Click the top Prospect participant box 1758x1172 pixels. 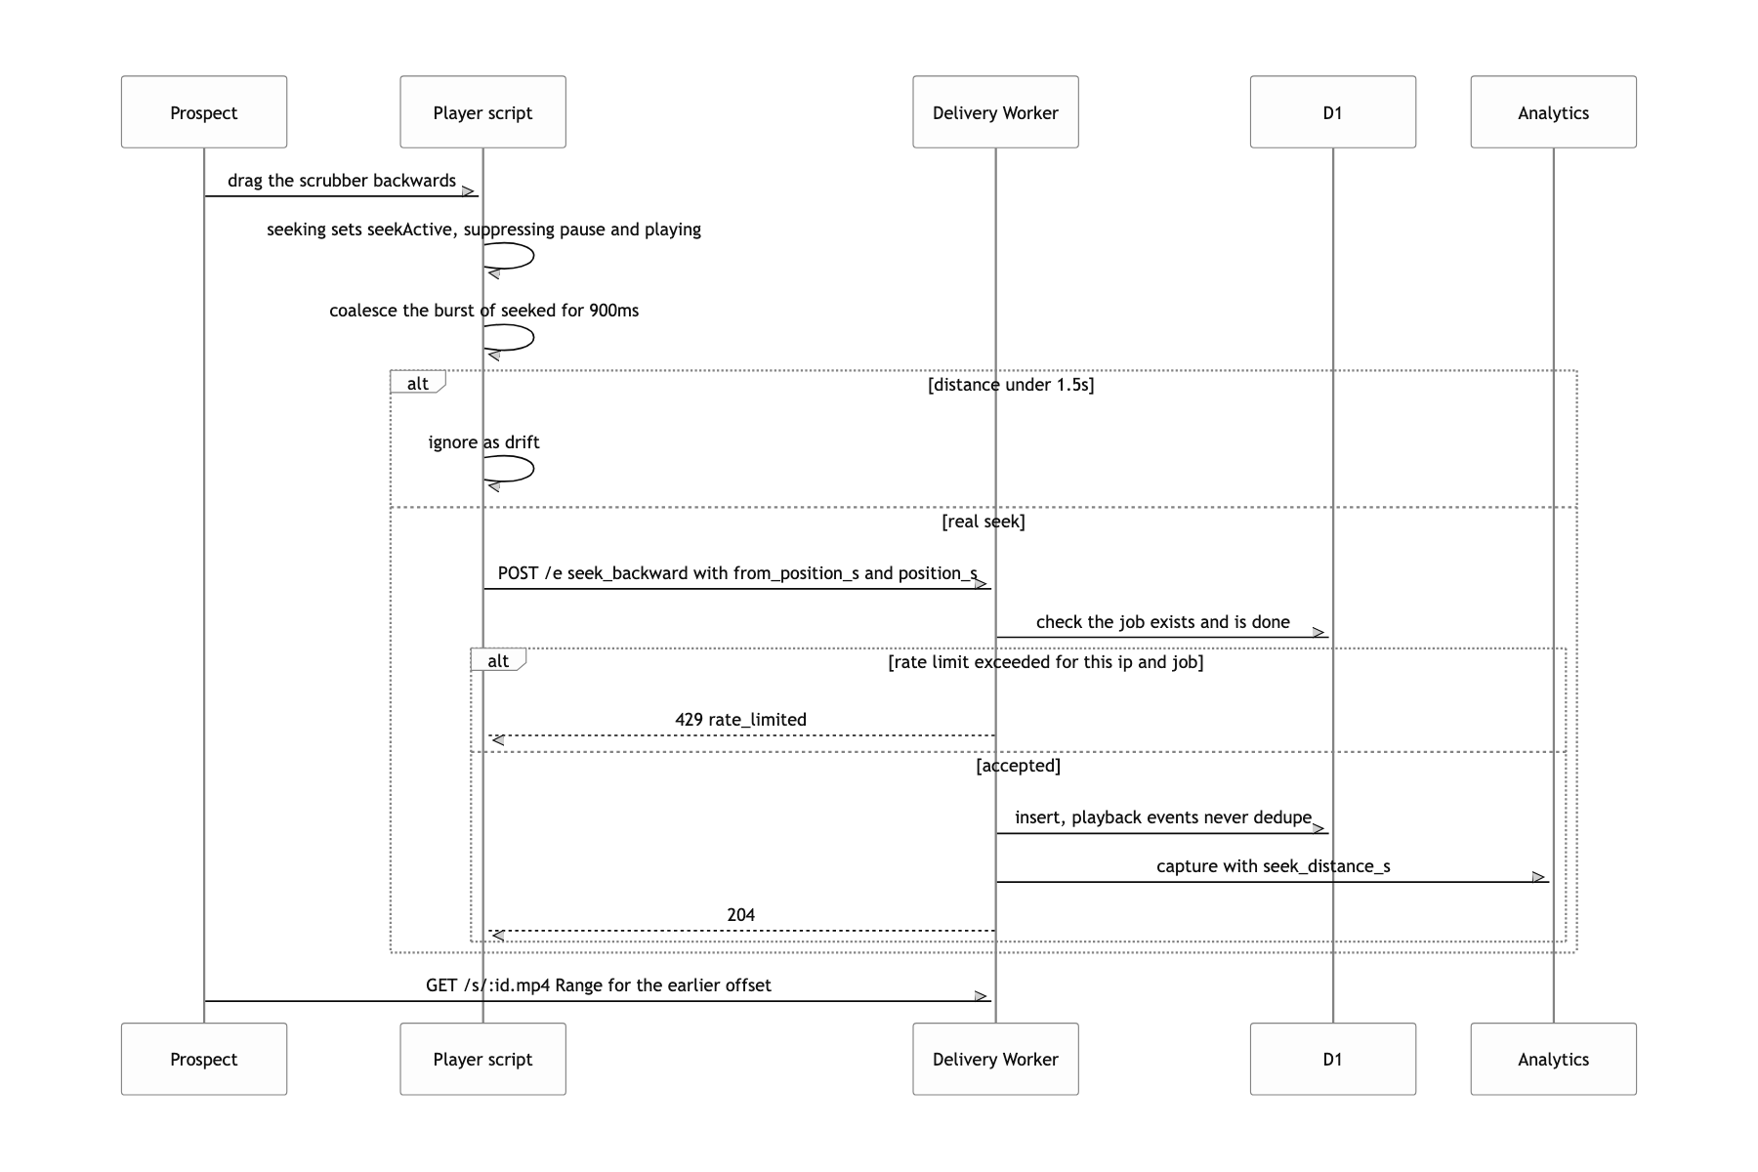(204, 112)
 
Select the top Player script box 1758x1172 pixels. (482, 112)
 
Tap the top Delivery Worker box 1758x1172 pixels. (995, 112)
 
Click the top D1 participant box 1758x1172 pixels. (1333, 112)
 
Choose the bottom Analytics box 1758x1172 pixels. (1554, 1059)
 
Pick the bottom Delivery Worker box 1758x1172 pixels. (995, 1059)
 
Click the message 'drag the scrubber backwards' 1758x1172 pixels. (342, 181)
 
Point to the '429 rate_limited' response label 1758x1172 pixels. (741, 720)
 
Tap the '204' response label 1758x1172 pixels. (741, 915)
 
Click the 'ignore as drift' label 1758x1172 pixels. (484, 442)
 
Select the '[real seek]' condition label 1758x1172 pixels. (984, 522)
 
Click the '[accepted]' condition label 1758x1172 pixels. (1019, 766)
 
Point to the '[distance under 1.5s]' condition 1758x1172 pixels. (1011, 385)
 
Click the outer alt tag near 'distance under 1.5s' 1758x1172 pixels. (418, 383)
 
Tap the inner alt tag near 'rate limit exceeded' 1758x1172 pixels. (498, 660)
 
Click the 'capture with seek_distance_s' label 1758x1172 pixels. (1274, 866)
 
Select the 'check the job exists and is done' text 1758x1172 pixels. (1163, 622)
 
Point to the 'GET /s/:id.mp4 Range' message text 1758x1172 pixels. (599, 985)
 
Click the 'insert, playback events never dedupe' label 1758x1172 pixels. (1163, 817)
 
